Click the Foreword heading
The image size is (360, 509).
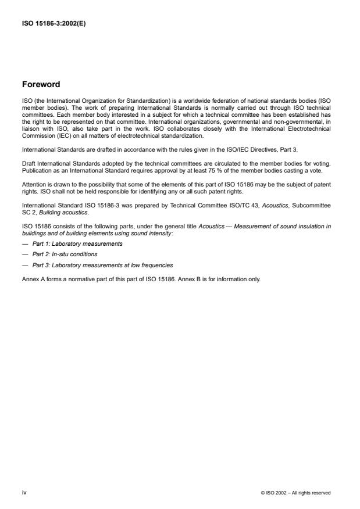click(41, 84)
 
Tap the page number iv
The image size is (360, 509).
click(24, 492)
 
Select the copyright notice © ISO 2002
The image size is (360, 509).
click(295, 493)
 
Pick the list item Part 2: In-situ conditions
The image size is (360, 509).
click(65, 254)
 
